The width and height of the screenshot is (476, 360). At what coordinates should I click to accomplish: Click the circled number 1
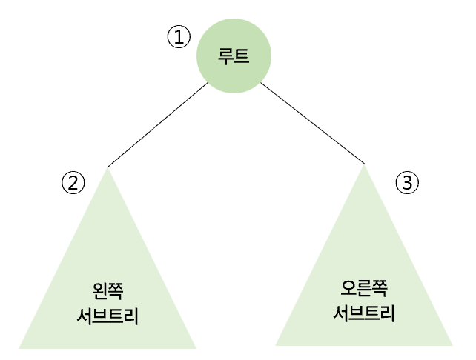179,37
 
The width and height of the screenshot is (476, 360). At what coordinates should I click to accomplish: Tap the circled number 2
73,182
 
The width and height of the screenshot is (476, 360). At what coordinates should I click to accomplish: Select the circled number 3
406,182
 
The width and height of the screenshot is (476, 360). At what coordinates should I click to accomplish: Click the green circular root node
234,57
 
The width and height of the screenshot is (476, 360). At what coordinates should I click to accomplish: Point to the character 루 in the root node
225,56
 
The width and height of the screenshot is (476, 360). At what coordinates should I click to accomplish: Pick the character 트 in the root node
242,56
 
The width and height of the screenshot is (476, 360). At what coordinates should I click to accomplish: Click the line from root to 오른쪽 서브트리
312,122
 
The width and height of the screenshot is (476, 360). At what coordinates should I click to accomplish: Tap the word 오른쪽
364,287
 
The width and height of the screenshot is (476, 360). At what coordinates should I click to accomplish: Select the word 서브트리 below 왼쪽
108,316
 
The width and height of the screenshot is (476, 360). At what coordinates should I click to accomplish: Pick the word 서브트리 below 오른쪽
364,313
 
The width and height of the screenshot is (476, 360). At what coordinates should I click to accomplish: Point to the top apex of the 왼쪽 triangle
108,170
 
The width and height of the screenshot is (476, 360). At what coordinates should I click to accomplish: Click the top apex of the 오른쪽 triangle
364,166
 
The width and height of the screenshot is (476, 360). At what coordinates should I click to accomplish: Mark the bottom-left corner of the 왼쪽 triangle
21,347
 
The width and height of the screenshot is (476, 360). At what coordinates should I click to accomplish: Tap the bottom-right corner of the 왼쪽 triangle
194,347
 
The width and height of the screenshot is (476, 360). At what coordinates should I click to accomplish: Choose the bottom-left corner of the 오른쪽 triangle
277,344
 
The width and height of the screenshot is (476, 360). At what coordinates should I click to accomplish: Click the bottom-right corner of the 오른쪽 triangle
451,344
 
